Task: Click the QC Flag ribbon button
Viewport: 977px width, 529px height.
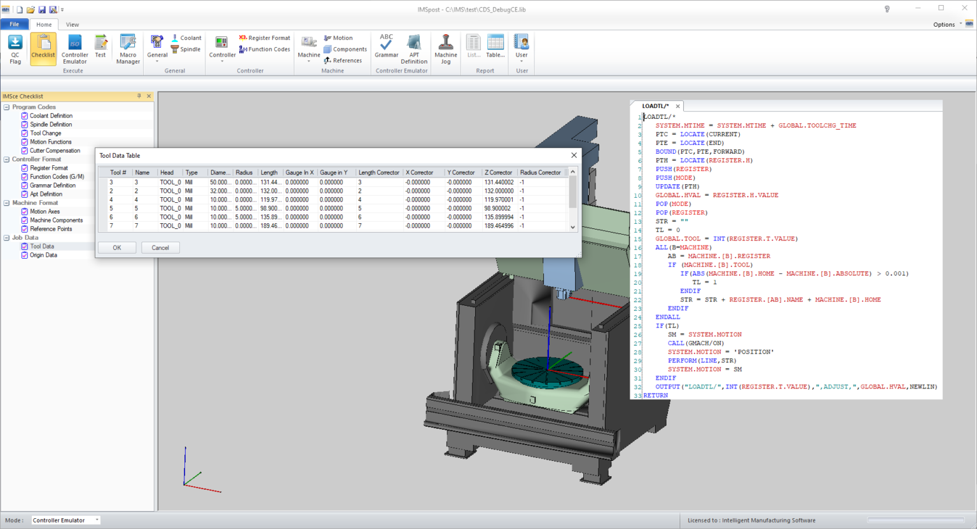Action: point(15,49)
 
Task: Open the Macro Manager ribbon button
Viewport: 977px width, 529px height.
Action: point(128,49)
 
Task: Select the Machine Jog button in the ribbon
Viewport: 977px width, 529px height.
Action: point(446,49)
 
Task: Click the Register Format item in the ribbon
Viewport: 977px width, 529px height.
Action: point(265,38)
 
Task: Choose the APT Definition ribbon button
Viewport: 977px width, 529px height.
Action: point(414,49)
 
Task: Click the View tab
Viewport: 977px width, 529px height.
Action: point(73,25)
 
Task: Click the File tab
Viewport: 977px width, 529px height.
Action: point(14,24)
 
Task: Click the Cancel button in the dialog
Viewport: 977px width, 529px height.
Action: point(160,248)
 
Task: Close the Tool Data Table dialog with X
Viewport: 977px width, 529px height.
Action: point(574,155)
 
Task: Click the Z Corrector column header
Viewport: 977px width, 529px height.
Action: point(498,172)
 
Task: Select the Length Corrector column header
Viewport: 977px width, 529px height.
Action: point(378,172)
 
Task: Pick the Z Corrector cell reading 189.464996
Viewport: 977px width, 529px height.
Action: point(499,226)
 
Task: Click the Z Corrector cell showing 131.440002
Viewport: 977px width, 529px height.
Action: point(499,182)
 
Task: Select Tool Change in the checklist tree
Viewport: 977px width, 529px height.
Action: point(46,134)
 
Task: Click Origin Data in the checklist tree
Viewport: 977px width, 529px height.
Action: point(43,256)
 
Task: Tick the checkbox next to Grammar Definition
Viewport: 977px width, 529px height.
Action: point(25,186)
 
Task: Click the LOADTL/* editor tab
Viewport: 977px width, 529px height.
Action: point(655,106)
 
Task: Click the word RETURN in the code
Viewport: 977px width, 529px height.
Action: point(656,395)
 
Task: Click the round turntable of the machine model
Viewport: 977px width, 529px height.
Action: point(548,371)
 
